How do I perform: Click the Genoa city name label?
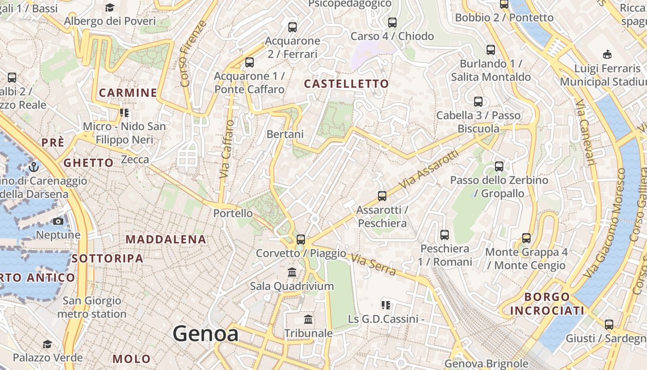(206, 334)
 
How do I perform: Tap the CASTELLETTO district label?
(347, 84)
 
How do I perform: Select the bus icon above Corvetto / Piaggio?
(301, 239)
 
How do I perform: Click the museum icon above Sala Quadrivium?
(292, 272)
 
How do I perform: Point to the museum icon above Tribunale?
(308, 319)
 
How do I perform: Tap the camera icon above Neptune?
(58, 222)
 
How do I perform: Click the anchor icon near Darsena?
(34, 166)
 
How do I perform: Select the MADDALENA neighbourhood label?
(166, 239)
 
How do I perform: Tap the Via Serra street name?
(373, 264)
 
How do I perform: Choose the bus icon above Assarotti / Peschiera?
(382, 196)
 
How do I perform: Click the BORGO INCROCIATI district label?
(547, 303)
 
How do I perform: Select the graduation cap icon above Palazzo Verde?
(47, 344)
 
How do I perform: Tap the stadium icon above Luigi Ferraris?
(607, 55)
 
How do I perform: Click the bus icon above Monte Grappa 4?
(526, 238)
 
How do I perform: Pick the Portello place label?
(233, 213)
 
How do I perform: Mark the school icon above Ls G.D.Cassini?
(386, 305)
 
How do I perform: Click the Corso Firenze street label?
(193, 54)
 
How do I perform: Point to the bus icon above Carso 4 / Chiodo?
(392, 22)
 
